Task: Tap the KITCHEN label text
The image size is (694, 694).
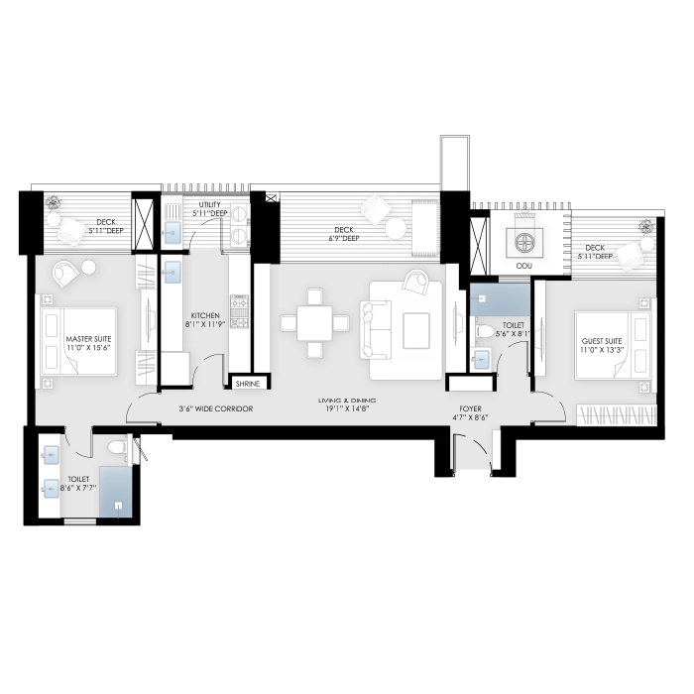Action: pyautogui.click(x=206, y=317)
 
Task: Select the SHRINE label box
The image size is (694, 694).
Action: pyautogui.click(x=247, y=384)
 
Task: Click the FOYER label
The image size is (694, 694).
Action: pyautogui.click(x=469, y=409)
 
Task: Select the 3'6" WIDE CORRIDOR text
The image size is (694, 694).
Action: pyautogui.click(x=215, y=408)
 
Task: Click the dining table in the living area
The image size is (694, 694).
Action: pyautogui.click(x=314, y=322)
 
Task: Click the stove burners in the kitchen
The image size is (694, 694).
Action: pyautogui.click(x=238, y=309)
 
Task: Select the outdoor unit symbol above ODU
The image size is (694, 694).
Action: pyautogui.click(x=522, y=240)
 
